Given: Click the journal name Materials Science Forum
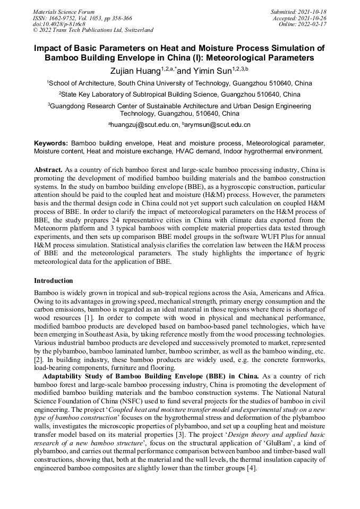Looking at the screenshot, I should (x=64, y=12).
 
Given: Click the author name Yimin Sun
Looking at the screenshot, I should (x=212, y=70).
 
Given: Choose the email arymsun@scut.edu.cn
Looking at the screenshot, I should (x=218, y=125).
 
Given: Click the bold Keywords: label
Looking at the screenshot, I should (x=51, y=143).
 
